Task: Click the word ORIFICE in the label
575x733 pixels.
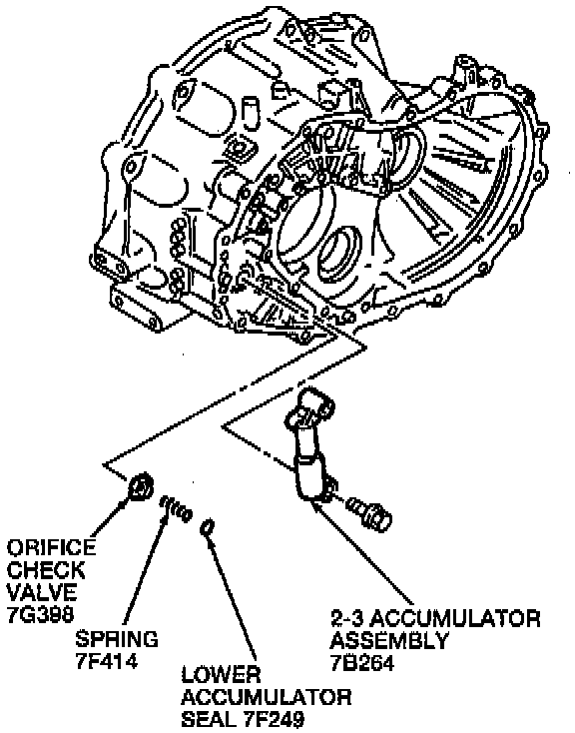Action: tap(51, 547)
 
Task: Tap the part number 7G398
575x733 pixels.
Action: tap(40, 614)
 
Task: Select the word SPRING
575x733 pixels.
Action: tap(117, 639)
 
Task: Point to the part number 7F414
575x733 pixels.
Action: tap(106, 661)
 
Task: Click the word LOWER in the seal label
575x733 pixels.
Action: tap(222, 674)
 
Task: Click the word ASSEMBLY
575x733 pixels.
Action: tap(389, 640)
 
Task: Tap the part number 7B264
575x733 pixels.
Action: tap(361, 663)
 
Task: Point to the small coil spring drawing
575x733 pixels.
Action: tap(176, 509)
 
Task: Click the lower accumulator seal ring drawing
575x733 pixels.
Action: tap(208, 527)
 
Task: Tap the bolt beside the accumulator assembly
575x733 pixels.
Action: tap(369, 513)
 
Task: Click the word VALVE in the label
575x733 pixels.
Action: tap(42, 592)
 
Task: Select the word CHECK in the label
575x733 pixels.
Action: tap(46, 570)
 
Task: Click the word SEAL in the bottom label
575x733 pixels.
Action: tap(210, 719)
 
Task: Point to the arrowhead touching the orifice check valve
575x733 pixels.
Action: tap(125, 503)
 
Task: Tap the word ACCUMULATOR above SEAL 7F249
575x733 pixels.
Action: tap(267, 697)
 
